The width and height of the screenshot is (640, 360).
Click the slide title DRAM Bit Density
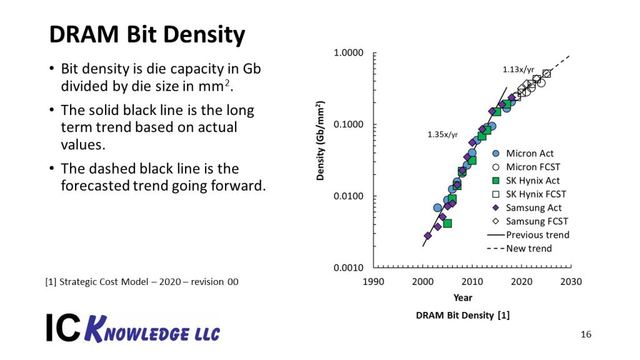coord(147,35)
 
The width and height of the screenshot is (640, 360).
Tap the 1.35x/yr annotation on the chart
coord(442,134)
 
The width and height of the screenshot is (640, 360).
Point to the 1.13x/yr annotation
coord(517,70)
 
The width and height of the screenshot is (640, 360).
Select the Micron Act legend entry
coord(529,153)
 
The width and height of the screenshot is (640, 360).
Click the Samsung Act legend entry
coord(533,207)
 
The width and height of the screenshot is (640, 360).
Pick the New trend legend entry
coord(529,249)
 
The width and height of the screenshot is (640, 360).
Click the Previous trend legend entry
coord(537,235)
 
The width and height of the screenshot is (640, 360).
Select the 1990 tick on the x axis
coord(374,281)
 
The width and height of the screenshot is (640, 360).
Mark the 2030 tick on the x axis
coord(571,281)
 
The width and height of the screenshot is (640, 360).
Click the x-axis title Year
coord(462,297)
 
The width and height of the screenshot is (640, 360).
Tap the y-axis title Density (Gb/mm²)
coord(320,141)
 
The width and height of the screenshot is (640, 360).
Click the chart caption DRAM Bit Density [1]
coord(462,316)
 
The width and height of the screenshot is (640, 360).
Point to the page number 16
coord(586,334)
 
